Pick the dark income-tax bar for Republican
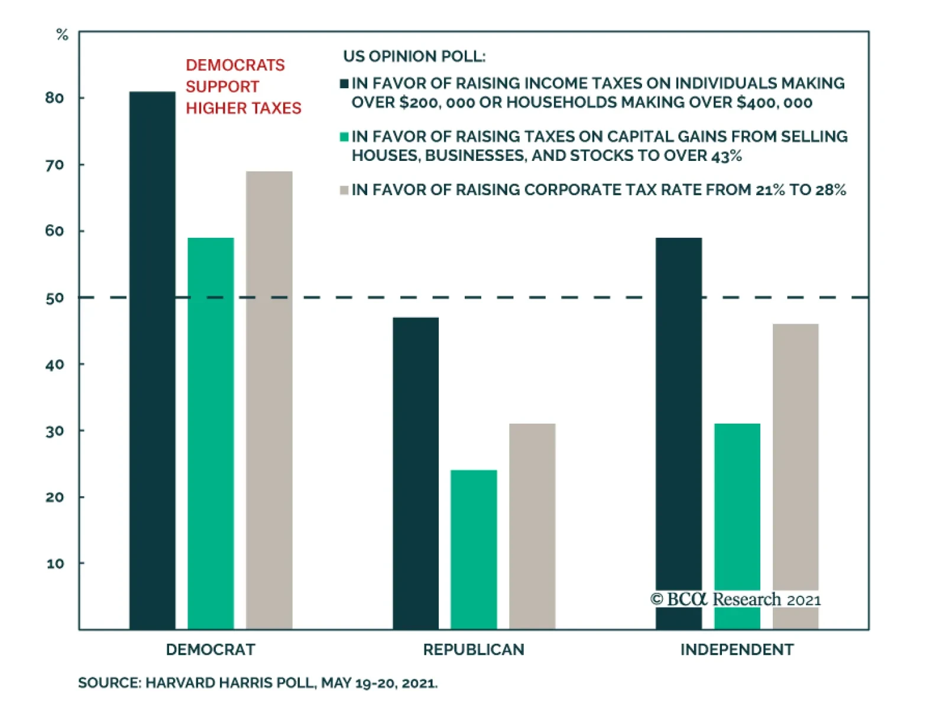[416, 473]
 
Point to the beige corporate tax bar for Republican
[532, 526]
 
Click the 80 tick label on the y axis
[54, 98]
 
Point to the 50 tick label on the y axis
[54, 298]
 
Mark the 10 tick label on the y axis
[55, 564]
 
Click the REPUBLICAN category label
[474, 650]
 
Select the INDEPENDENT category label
[737, 650]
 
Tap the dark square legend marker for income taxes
[344, 83]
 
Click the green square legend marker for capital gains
[344, 137]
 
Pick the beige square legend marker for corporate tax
[344, 190]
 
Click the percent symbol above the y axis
[62, 35]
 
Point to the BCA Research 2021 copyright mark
[736, 599]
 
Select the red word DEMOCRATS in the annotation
[235, 65]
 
